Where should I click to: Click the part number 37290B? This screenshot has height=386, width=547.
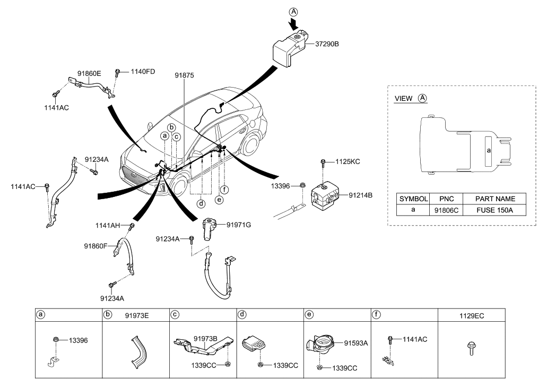(x=325, y=44)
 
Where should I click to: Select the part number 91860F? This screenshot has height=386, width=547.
(x=95, y=246)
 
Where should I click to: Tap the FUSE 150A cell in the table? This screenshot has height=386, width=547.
(x=495, y=210)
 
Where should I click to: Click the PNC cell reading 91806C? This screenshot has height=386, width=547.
(x=446, y=210)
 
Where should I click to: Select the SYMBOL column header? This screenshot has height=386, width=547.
(x=413, y=199)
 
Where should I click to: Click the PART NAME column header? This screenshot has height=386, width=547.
(x=495, y=199)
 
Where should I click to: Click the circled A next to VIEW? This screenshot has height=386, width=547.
(x=422, y=99)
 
